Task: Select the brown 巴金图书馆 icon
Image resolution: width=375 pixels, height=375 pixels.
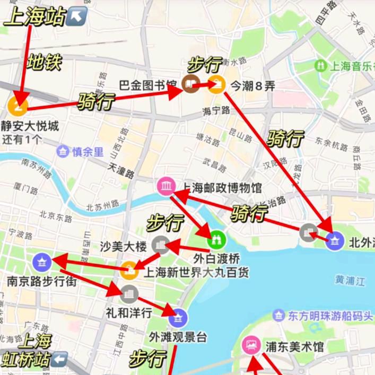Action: pos(189,83)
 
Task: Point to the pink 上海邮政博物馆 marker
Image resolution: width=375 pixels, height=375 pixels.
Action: pos(166,186)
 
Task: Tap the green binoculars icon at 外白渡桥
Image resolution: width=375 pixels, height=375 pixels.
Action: pos(216,239)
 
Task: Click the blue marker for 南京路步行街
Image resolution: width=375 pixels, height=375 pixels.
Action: pos(41,261)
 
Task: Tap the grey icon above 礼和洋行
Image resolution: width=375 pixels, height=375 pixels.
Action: pos(128,293)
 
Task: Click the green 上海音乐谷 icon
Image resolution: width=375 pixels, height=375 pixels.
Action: pos(320,66)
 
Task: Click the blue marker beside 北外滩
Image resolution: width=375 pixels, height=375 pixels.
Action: pos(335,241)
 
